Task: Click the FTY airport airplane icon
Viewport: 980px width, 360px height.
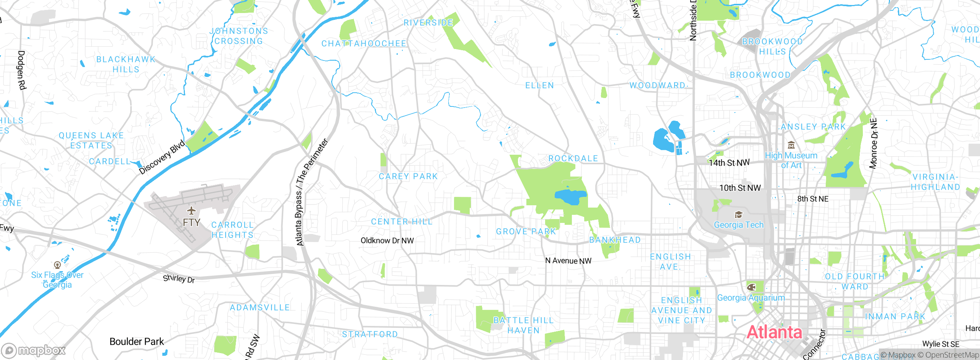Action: tap(191, 211)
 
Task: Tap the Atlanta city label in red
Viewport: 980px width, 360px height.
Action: tap(774, 332)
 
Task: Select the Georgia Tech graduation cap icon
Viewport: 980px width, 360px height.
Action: tap(738, 214)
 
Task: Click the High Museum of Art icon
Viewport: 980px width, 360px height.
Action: tap(791, 145)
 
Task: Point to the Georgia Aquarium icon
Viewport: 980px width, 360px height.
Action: tap(751, 287)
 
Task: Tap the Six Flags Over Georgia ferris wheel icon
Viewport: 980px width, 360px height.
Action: tap(57, 265)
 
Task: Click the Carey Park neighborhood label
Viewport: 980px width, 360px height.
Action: tap(408, 177)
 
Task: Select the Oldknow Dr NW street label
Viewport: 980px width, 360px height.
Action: tap(387, 241)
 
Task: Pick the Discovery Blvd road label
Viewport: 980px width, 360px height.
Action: tap(162, 157)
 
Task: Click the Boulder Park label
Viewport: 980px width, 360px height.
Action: tap(137, 341)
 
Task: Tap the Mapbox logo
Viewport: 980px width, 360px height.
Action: tap(34, 350)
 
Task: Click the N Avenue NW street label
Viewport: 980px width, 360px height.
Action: tap(568, 261)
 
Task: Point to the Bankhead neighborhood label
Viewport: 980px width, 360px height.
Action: tap(615, 240)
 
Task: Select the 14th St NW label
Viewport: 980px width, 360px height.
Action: tap(729, 163)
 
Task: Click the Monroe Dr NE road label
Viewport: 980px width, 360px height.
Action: tap(873, 143)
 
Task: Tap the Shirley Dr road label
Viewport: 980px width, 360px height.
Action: tap(179, 279)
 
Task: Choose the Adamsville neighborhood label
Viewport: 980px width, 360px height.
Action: tap(260, 308)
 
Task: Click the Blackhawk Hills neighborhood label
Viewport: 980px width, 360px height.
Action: tap(126, 64)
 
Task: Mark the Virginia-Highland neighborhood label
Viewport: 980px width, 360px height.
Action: tap(935, 182)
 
